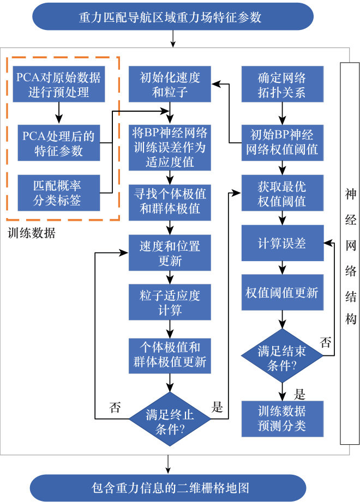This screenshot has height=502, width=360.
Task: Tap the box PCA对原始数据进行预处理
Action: pyautogui.click(x=58, y=84)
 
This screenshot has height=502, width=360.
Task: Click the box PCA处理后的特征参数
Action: pyautogui.click(x=58, y=142)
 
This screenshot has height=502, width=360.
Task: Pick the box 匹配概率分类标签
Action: pyautogui.click(x=58, y=192)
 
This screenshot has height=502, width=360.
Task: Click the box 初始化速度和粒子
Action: pyautogui.click(x=170, y=84)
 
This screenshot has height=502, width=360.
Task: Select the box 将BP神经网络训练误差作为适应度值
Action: pyautogui.click(x=170, y=147)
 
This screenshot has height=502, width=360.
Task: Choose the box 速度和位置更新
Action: pyautogui.click(x=170, y=253)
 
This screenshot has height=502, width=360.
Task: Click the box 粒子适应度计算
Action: pyautogui.click(x=170, y=303)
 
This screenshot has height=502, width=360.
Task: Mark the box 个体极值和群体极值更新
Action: pyautogui.click(x=170, y=354)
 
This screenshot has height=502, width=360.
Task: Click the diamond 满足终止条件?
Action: pyautogui.click(x=170, y=419)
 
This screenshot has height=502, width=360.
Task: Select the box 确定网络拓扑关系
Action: pyautogui.click(x=282, y=84)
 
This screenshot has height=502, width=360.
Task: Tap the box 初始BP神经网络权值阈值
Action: pyautogui.click(x=282, y=141)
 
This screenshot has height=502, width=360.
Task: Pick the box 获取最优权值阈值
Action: pyautogui.click(x=282, y=193)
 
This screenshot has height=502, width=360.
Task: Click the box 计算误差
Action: pyautogui.click(x=282, y=244)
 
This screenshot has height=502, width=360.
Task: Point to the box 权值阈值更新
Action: pyautogui.click(x=282, y=292)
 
